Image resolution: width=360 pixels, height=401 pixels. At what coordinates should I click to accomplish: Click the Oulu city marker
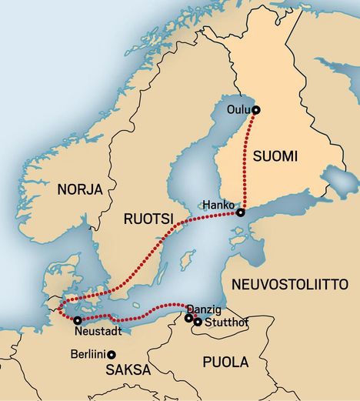coord(256,109)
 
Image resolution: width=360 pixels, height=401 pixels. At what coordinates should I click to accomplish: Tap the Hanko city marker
coord(241,212)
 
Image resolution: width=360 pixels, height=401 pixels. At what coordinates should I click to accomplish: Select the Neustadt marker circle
coord(78,319)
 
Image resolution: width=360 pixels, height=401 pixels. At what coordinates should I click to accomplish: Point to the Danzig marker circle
coord(188,317)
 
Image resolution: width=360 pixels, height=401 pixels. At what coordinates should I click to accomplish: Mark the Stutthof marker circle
coord(198,322)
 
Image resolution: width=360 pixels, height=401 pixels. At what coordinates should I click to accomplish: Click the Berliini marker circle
coord(112,354)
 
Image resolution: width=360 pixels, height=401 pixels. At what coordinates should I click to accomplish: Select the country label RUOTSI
coord(148,219)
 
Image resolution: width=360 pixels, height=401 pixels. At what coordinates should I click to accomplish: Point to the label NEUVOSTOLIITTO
coord(290,284)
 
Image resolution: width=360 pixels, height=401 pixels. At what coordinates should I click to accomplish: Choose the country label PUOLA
coord(225,362)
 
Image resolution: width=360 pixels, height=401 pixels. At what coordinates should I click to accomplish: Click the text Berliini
coord(85,354)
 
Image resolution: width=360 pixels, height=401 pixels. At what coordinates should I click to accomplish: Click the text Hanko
coord(218,205)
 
